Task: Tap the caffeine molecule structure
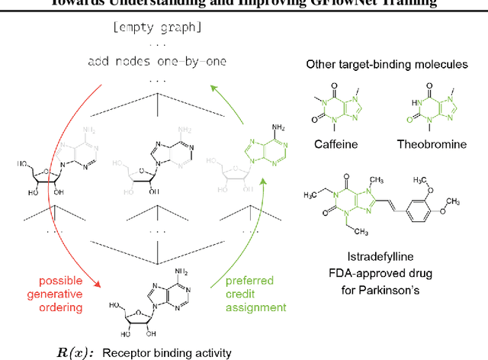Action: coord(335,105)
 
